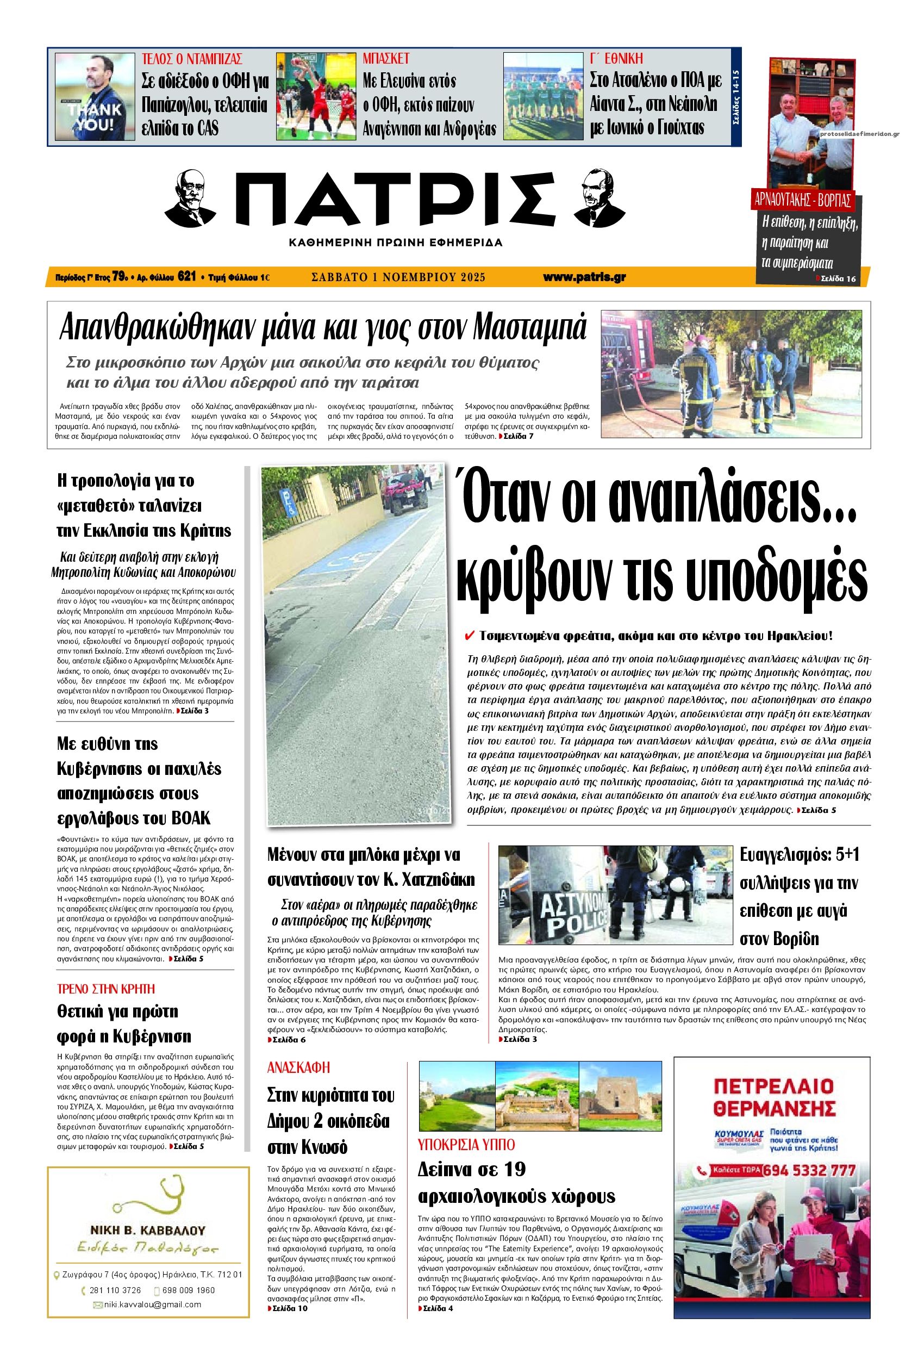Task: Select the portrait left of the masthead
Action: (x=198, y=197)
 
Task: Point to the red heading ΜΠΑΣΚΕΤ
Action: (x=386, y=59)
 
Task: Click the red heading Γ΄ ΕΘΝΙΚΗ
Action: (x=616, y=59)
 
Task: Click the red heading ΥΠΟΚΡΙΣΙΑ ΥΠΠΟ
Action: (x=466, y=1144)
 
